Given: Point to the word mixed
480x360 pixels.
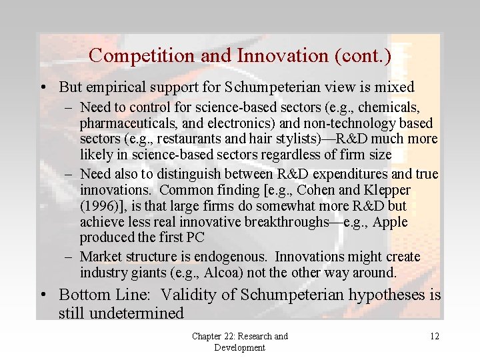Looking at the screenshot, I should [x=394, y=87].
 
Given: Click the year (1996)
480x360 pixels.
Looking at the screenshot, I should [x=100, y=206].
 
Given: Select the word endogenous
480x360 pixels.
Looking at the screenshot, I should [x=230, y=257].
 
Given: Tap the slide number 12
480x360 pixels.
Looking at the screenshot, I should [x=435, y=337].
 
